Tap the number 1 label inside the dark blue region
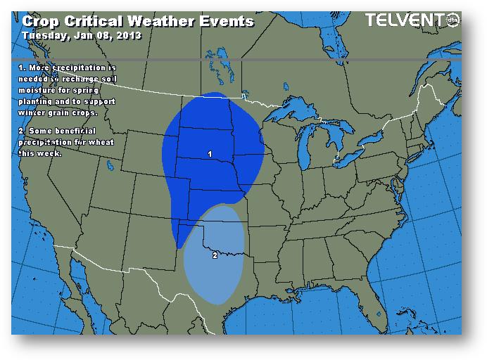[210, 153]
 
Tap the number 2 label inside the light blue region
[215, 255]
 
